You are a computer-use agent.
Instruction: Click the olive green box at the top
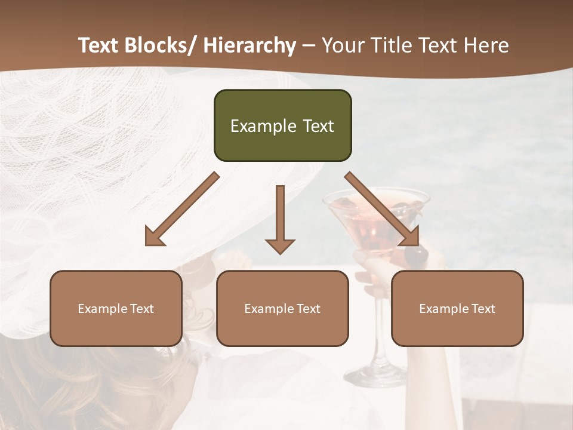click(282, 125)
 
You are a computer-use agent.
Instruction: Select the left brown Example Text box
click(116, 308)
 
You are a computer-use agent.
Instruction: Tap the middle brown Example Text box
click(282, 308)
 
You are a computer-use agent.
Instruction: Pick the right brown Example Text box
click(457, 308)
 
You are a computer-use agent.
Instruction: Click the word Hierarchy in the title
click(249, 46)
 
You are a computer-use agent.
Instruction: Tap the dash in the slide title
click(309, 46)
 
